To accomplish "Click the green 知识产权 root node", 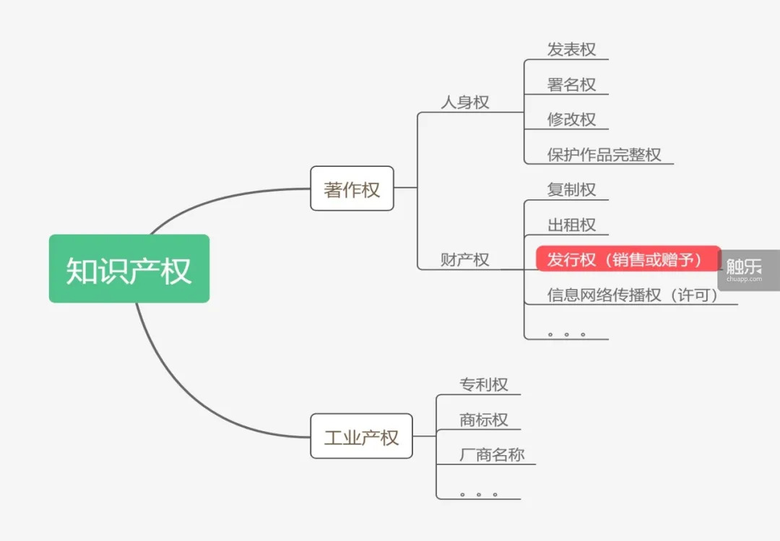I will tap(129, 269).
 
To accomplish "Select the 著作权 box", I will tap(352, 189).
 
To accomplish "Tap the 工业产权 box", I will tap(361, 436).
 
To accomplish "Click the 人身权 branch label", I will tap(465, 103).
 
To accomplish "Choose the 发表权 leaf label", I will tap(571, 50).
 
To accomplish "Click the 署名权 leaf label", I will tap(571, 85).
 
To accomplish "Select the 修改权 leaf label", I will tap(571, 119).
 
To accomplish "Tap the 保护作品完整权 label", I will tap(604, 155).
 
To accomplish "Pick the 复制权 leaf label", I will tap(571, 189).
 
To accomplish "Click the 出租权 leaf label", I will tap(571, 225).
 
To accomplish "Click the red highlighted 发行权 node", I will tap(628, 259).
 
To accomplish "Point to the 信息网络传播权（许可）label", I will tap(633, 295).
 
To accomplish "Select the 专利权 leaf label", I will tap(484, 384).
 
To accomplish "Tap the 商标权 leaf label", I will tap(484, 420).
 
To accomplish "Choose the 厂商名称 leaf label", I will tap(492, 455).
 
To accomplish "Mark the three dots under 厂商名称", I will tap(478, 495).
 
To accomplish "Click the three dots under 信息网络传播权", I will tap(566, 334).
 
